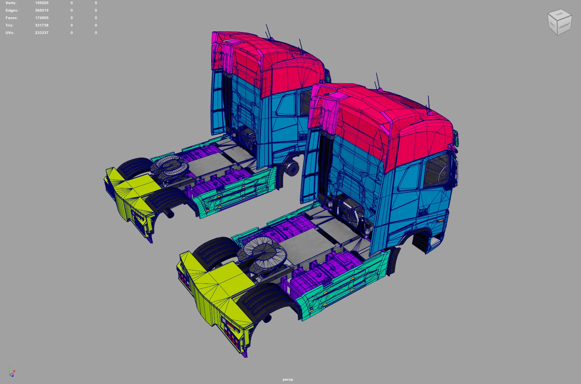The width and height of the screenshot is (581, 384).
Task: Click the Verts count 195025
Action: [42, 3]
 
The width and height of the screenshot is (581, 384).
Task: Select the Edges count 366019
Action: [42, 10]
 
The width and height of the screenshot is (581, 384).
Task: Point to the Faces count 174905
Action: [42, 18]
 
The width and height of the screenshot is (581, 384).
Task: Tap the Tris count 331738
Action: [42, 25]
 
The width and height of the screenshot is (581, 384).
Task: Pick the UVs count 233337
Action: [42, 33]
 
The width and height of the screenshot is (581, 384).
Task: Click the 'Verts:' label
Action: [11, 3]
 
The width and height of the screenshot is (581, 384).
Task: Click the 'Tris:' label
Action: [9, 25]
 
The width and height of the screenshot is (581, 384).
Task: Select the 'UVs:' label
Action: [10, 33]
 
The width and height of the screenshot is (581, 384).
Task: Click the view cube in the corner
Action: [559, 22]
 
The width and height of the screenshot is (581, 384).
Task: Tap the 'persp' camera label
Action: [288, 379]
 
